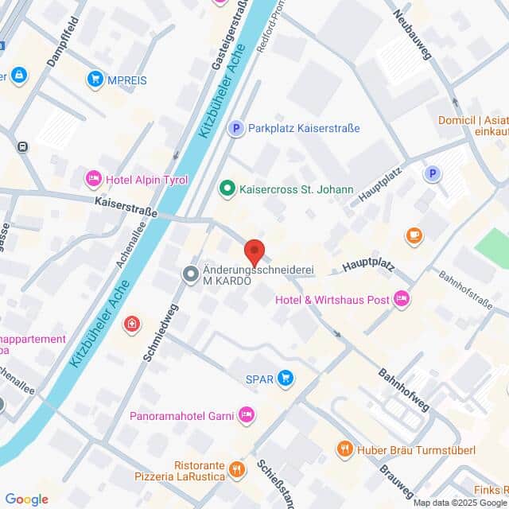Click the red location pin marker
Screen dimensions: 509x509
254,251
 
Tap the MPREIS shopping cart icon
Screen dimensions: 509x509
96,79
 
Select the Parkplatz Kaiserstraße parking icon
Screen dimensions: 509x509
235,128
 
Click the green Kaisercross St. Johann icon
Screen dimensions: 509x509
227,189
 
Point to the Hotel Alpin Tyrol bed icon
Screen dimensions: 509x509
94,179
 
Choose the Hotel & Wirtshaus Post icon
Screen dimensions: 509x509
402,299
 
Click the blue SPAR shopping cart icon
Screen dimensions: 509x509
286,378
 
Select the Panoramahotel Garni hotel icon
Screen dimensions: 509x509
247,414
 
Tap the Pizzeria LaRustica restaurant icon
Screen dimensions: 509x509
236,470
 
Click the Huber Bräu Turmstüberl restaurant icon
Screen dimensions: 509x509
344,449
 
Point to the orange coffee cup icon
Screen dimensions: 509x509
414,235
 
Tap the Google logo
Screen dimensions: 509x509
27,499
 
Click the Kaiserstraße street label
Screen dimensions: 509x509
125,208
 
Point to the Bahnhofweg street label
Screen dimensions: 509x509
403,389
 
